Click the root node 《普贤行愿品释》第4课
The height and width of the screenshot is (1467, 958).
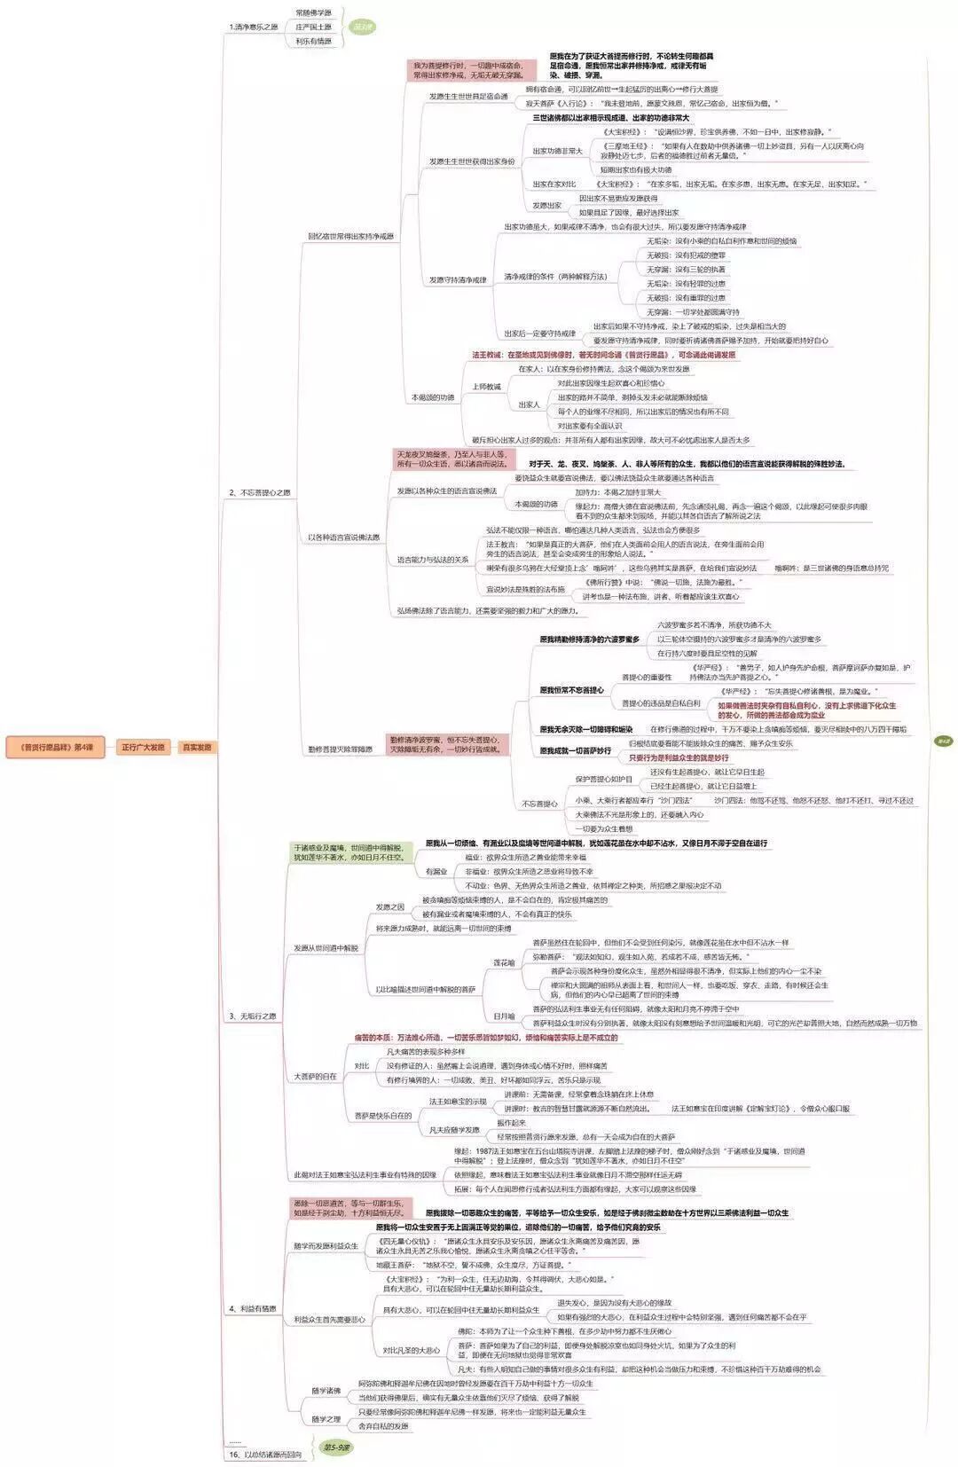click(55, 747)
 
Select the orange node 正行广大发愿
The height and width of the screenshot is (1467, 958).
click(143, 747)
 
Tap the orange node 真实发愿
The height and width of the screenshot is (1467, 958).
click(196, 747)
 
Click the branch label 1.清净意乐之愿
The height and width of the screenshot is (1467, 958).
click(253, 27)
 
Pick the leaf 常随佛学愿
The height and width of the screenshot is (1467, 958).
click(313, 13)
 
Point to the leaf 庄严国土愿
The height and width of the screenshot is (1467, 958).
click(313, 27)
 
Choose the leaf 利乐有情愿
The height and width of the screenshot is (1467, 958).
click(313, 42)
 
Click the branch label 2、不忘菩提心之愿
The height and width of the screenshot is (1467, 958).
click(260, 492)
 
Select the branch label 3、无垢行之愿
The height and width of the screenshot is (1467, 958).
click(253, 1016)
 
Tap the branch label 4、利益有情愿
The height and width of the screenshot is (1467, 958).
click(253, 1309)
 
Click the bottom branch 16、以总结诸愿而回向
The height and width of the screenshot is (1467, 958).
click(265, 1455)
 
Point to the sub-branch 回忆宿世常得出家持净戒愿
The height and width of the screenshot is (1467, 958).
click(350, 237)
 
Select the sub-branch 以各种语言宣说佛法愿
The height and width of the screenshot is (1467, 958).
click(343, 537)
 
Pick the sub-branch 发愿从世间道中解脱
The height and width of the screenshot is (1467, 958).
click(326, 948)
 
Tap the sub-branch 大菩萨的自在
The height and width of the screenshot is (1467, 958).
click(315, 1077)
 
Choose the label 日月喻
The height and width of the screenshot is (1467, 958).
click(504, 1016)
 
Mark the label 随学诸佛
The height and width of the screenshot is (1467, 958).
click(326, 1391)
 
